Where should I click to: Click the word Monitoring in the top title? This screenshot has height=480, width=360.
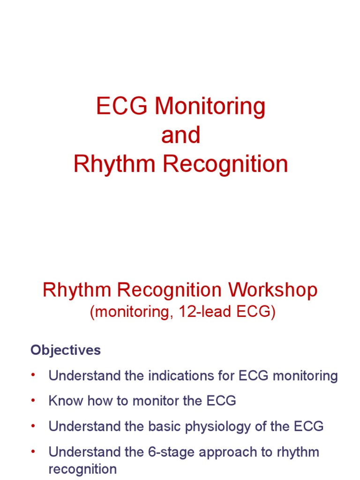pos(210,107)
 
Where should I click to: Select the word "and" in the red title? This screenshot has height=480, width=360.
pos(180,135)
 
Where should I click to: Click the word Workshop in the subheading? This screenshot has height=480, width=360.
pos(273,290)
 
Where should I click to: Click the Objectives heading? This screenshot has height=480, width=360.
pos(66,350)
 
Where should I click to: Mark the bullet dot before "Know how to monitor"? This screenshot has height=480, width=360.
pos(33,401)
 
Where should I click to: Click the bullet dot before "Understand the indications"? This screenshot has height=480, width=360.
pos(33,375)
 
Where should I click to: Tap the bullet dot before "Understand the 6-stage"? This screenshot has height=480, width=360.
pos(33,452)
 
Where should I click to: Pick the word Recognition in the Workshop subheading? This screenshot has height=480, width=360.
pos(171,290)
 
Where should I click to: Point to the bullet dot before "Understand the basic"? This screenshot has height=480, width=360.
pos(33,427)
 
